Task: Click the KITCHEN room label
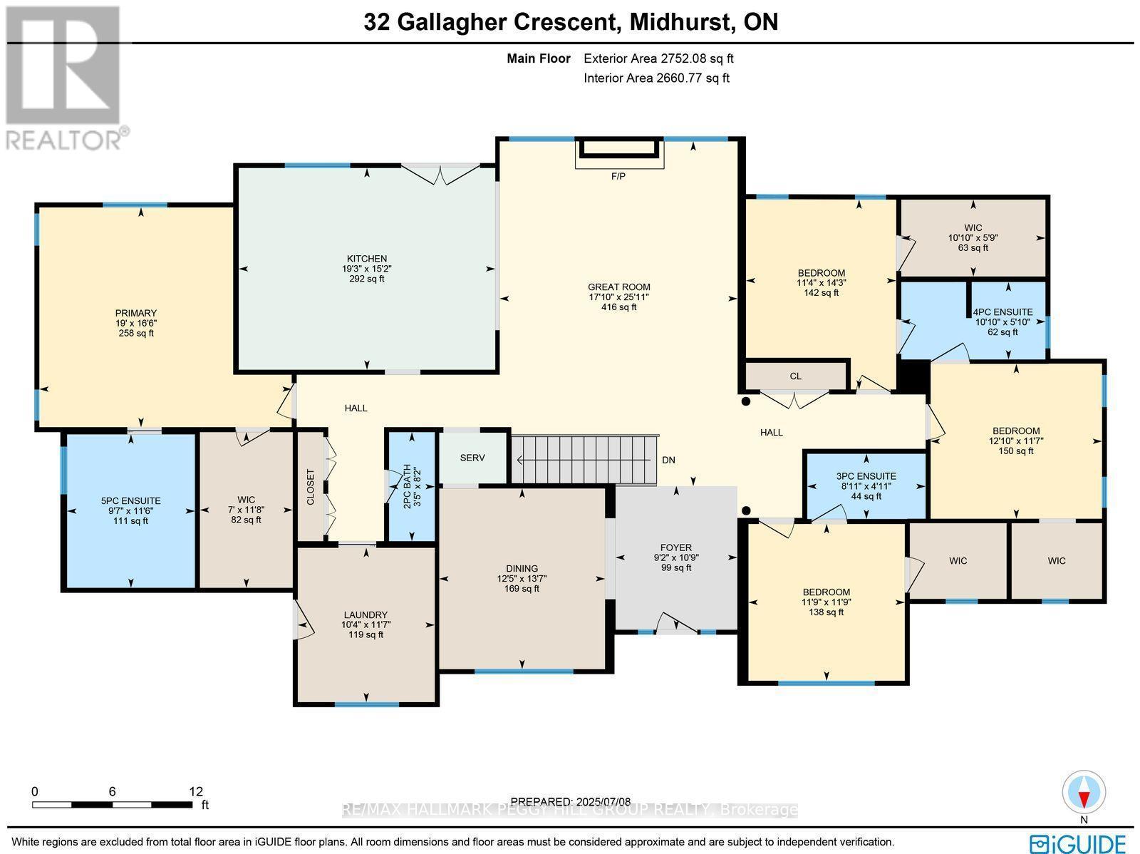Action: (366, 259)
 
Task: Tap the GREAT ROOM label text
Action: (618, 287)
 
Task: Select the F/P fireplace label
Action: (618, 176)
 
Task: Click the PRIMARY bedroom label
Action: (136, 313)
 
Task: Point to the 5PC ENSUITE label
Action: (130, 501)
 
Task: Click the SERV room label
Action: (472, 458)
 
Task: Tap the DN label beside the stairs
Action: (668, 461)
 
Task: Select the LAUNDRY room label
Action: (366, 614)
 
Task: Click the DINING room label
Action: (522, 569)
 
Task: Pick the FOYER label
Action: (676, 548)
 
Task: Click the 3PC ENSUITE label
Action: (866, 476)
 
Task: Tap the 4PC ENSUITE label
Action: (1002, 312)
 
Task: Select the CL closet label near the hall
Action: (795, 376)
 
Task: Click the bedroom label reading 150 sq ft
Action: (1016, 431)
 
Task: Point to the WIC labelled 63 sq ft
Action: (973, 228)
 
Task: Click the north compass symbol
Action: (1084, 793)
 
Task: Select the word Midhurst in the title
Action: (682, 22)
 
